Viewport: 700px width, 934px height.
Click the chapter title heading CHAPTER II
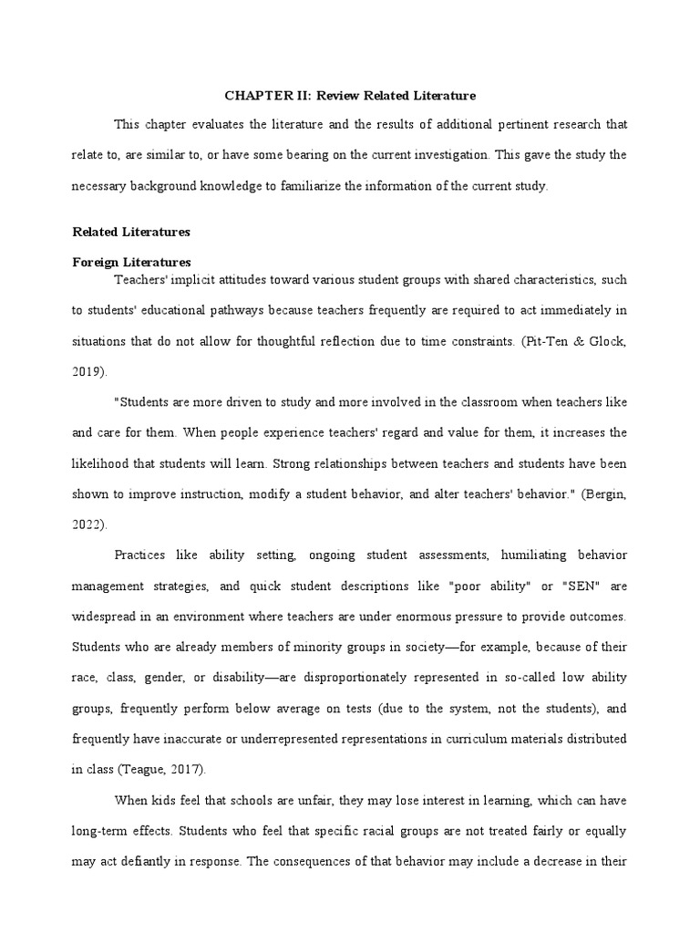[x=350, y=95]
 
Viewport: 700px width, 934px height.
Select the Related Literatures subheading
[x=131, y=232]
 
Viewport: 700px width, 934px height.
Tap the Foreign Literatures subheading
[x=131, y=262]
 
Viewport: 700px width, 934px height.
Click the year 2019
[x=87, y=372]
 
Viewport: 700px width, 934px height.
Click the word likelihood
[x=102, y=462]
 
